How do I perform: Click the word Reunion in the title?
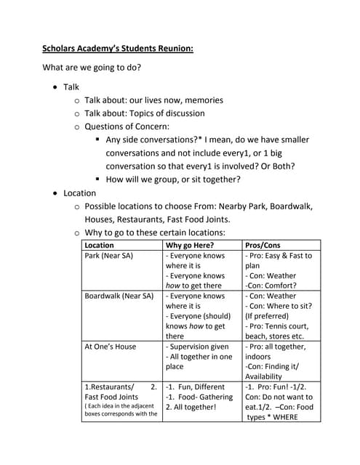(172, 49)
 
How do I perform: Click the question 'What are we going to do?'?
(92, 68)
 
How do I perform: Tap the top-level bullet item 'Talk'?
(71, 86)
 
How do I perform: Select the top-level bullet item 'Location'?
(79, 193)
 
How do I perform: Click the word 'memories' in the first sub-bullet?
(198, 100)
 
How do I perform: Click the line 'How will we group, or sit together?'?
(173, 179)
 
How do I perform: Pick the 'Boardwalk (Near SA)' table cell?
(119, 296)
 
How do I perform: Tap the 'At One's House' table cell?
(110, 347)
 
